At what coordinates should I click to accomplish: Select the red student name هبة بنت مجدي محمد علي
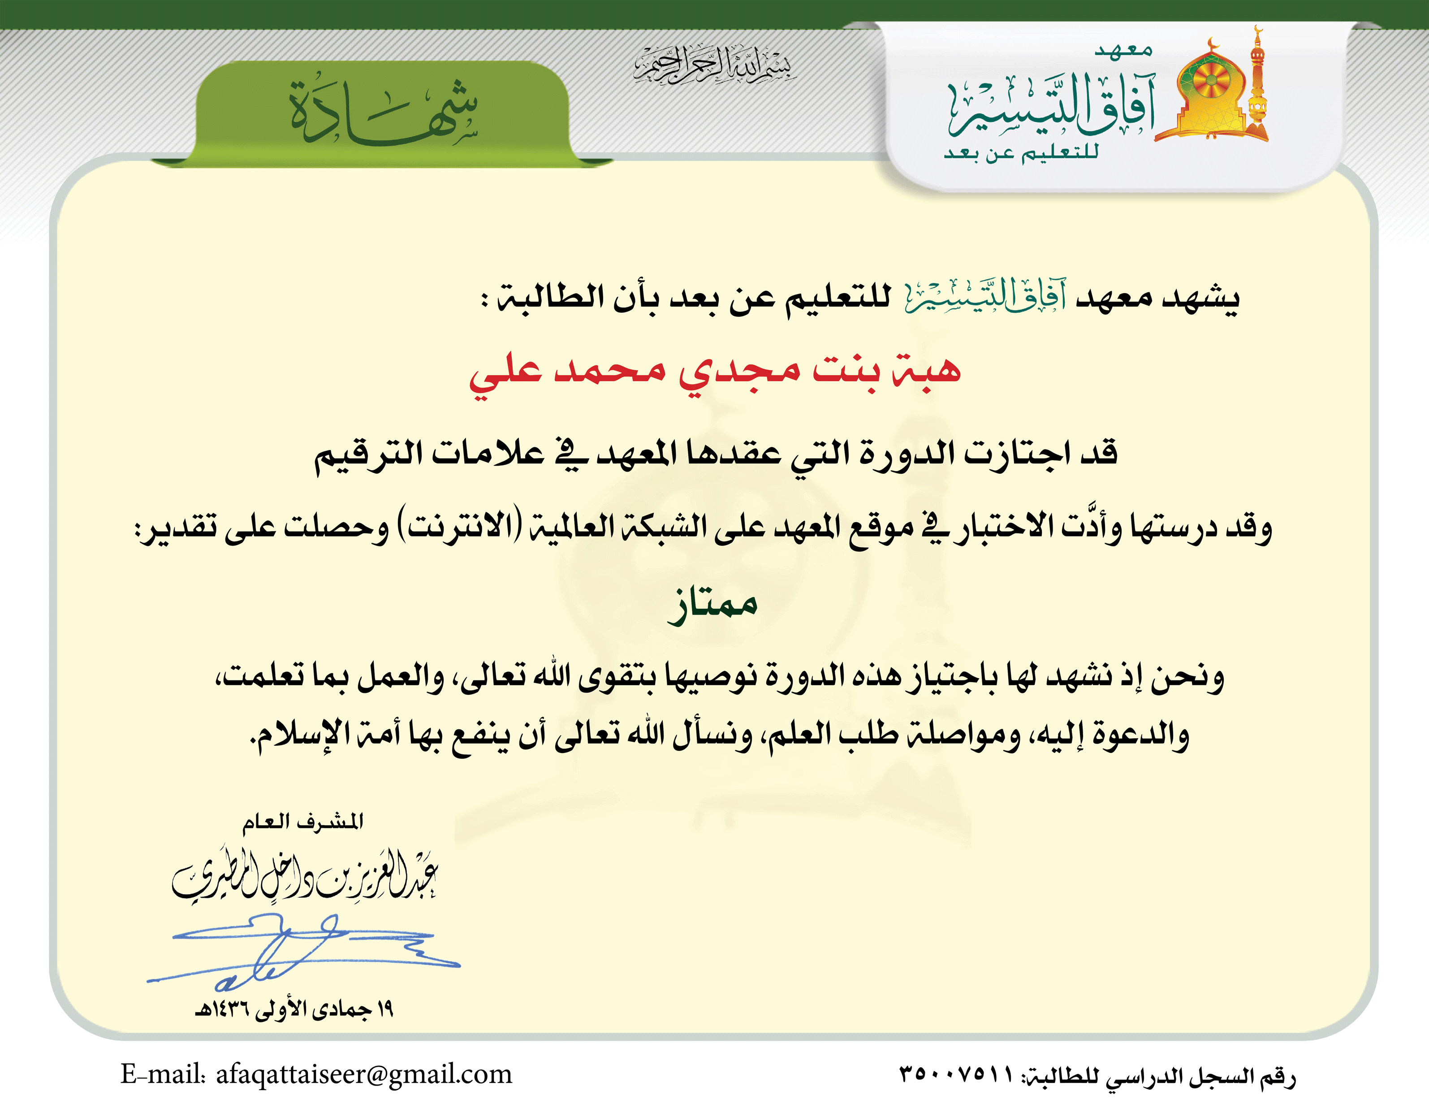point(714,371)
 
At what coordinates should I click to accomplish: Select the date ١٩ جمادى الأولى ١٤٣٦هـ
point(294,1009)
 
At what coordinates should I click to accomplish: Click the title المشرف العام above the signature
point(303,822)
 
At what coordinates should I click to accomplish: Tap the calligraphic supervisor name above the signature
point(304,877)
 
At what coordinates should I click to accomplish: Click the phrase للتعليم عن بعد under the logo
point(1021,153)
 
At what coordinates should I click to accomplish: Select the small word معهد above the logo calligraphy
point(1123,50)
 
